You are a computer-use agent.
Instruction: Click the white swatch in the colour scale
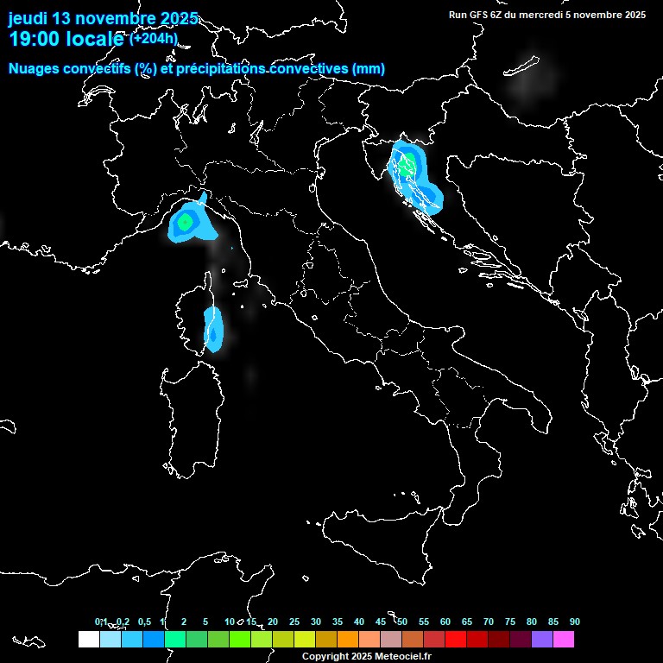88,640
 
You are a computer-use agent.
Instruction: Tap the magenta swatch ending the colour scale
564,640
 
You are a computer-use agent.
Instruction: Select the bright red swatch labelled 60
456,640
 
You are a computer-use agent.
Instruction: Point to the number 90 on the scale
575,622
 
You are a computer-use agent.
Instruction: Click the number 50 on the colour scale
402,622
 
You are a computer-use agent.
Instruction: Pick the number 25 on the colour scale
294,622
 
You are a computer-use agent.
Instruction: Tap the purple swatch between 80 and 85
542,640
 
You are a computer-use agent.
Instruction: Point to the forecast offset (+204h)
154,38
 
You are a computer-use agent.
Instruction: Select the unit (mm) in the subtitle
369,69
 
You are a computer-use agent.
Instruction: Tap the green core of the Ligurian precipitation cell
185,222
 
